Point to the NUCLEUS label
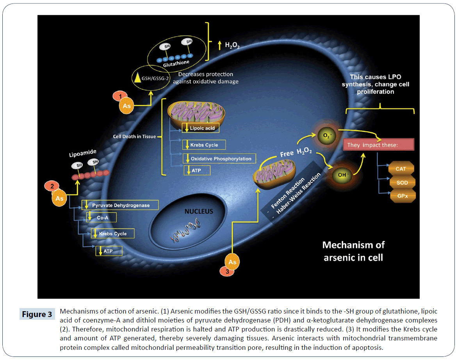pos(199,212)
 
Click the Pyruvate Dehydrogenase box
pos(121,205)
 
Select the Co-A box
pos(101,217)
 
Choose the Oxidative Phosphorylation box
pos(220,159)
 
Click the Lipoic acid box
pos(198,128)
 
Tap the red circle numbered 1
pos(120,96)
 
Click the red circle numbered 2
pos(52,186)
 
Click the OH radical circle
pos(342,175)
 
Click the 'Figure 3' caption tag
pos(37,314)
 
